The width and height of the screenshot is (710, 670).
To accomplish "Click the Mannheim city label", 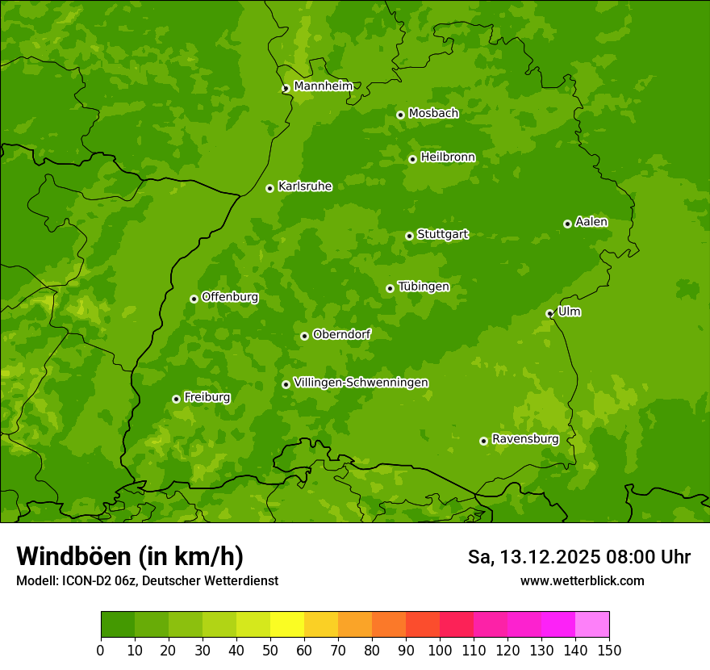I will (x=323, y=86).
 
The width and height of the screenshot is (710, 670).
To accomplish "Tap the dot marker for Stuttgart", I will (x=409, y=236).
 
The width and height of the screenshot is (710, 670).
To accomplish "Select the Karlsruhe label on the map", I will (x=305, y=186).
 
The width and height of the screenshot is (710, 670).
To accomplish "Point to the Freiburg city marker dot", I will (x=176, y=399).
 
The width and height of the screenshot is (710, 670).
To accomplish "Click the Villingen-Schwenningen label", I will (x=361, y=383).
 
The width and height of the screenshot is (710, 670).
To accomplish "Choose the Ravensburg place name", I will (x=525, y=439).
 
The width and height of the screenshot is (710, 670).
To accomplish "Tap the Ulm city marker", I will (x=549, y=313).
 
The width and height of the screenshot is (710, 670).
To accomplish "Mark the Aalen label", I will (x=591, y=222).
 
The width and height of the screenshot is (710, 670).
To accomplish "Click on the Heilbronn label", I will (x=448, y=157).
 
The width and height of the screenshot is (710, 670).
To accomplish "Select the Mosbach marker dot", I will (x=400, y=115).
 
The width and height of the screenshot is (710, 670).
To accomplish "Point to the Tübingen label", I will (x=424, y=287).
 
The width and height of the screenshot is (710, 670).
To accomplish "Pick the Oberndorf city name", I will (x=341, y=334).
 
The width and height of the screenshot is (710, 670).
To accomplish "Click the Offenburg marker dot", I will (x=194, y=299).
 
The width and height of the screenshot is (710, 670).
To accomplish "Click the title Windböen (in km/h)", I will (x=130, y=556).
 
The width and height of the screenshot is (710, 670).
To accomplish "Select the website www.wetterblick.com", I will (x=582, y=580).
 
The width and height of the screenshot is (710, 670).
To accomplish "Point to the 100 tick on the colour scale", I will (x=440, y=649).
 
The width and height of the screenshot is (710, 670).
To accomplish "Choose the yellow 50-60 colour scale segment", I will (x=287, y=625).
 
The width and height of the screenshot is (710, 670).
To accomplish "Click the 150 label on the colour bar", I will (x=609, y=649).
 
